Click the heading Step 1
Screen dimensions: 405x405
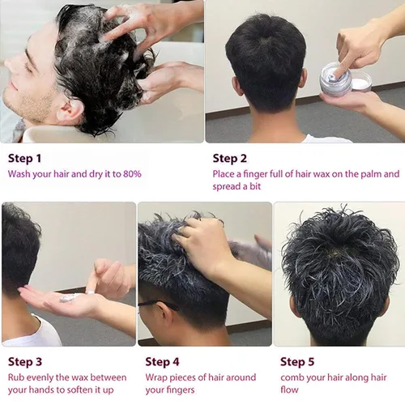(x=26, y=158)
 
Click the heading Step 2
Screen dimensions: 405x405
(x=231, y=158)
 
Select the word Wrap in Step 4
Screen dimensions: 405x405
(x=157, y=377)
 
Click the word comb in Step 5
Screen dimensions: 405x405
(x=294, y=377)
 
